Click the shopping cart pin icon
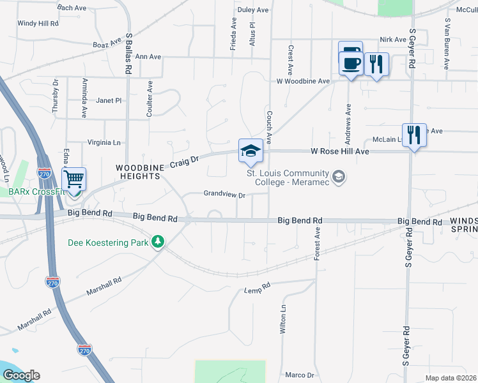[x=75, y=179]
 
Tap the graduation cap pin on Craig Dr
[x=251, y=150]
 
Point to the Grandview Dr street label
[x=225, y=194]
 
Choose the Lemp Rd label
[x=258, y=290]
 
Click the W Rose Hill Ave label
[x=340, y=152]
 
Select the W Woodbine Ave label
[x=303, y=82]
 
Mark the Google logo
[x=21, y=375]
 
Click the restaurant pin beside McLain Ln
[x=414, y=135]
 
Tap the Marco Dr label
[x=299, y=375]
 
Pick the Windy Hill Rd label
[x=38, y=23]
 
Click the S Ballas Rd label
[x=128, y=55]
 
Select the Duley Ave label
[x=253, y=10]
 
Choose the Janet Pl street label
[x=109, y=100]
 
